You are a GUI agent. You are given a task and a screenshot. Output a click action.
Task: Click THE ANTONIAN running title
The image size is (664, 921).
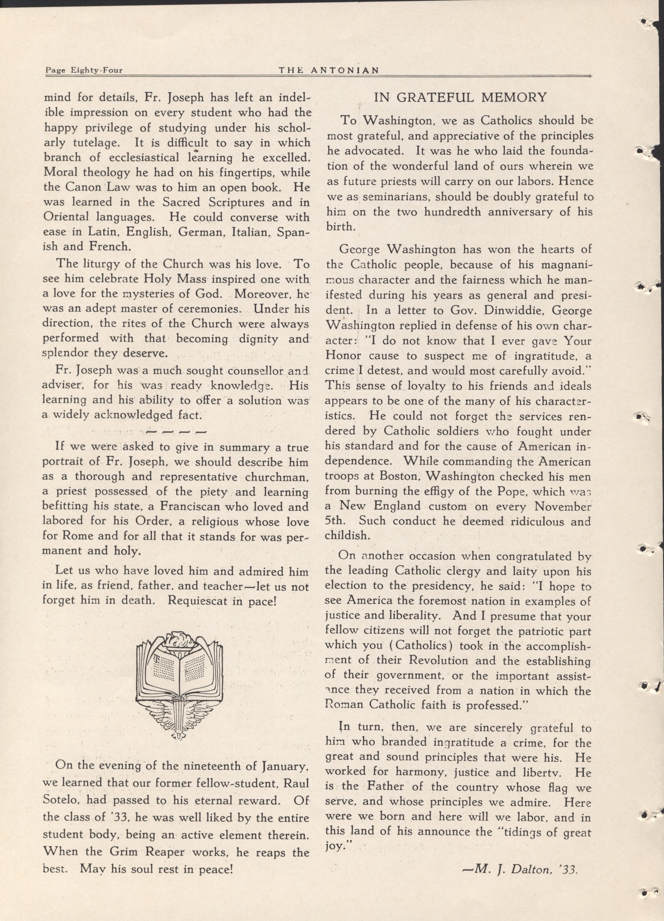(328, 70)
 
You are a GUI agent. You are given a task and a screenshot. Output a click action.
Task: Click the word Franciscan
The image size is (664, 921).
(190, 506)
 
